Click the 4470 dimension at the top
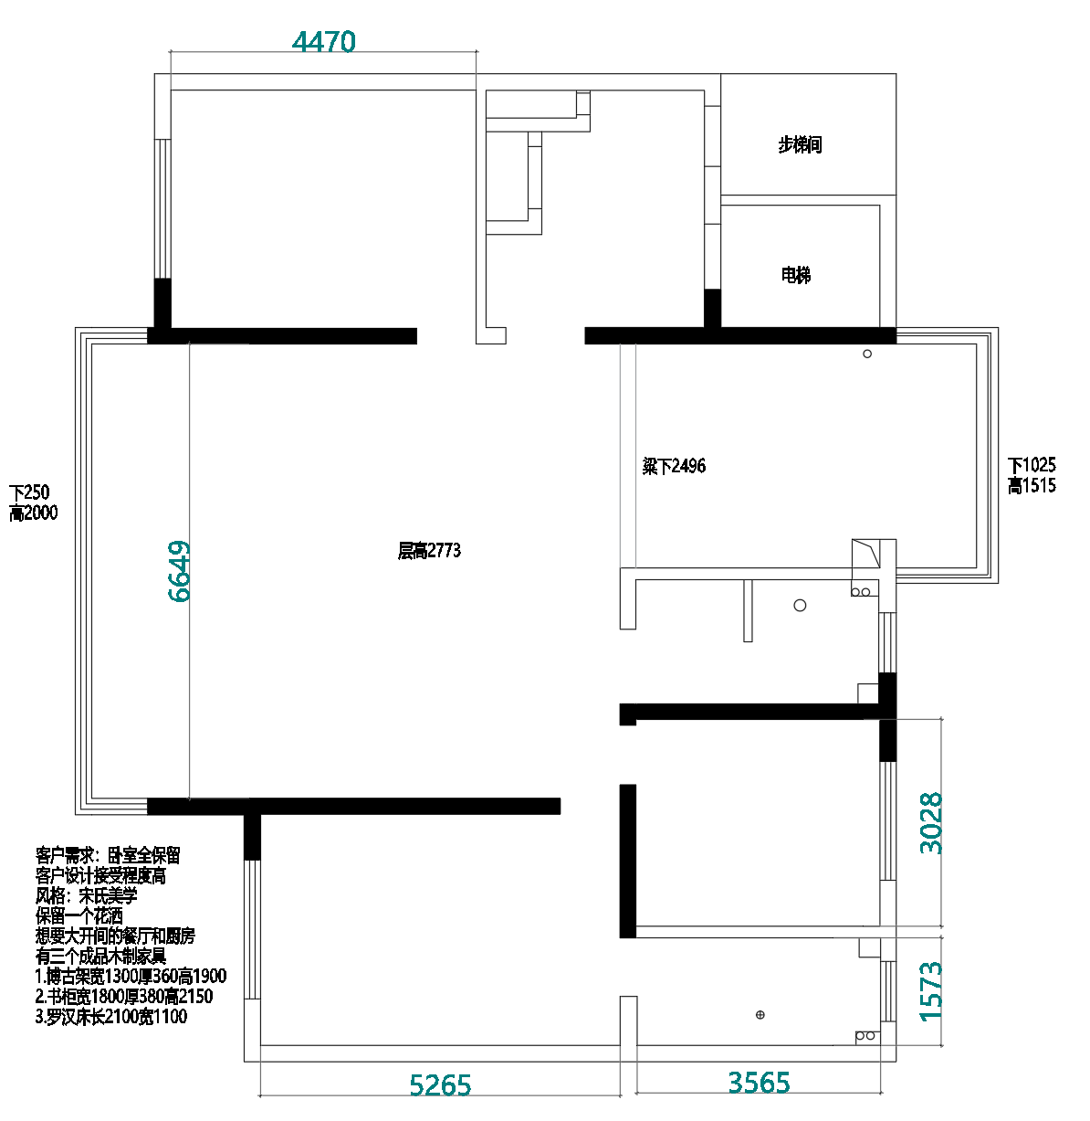tap(324, 42)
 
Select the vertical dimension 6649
tap(180, 572)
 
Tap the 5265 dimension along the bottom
tap(440, 1085)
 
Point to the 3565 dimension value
tap(759, 1083)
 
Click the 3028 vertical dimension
tap(930, 823)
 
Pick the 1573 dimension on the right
tap(930, 991)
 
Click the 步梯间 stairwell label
tap(800, 144)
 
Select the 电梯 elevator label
tap(796, 275)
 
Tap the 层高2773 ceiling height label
tap(429, 551)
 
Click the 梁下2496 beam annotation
tap(674, 466)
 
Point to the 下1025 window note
tap(1032, 465)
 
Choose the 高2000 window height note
tap(34, 513)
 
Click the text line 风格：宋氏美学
tap(87, 895)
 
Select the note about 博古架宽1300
tap(131, 976)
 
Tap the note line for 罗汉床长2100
tap(111, 1016)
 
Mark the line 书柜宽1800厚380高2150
tap(124, 996)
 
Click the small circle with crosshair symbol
tap(760, 1015)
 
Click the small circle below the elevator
tap(867, 354)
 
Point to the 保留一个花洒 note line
tap(79, 915)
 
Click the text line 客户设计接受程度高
tap(100, 875)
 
